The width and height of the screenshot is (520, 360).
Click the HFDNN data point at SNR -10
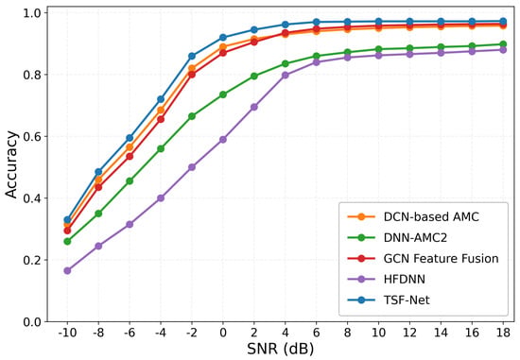click(x=67, y=270)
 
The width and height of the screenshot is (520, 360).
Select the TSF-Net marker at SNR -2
click(x=192, y=56)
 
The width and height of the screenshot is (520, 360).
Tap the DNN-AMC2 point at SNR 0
click(x=223, y=94)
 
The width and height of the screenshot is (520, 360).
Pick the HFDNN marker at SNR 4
click(x=286, y=76)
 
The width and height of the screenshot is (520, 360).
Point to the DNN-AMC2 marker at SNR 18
click(x=503, y=44)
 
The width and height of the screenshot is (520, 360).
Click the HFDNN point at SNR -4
click(x=161, y=197)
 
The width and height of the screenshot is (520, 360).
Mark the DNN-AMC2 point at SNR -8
click(x=98, y=214)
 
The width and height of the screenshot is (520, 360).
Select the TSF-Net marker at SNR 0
click(x=223, y=38)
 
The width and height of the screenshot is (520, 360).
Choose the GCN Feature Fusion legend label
click(x=442, y=259)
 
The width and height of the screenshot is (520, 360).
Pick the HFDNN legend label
click(x=405, y=279)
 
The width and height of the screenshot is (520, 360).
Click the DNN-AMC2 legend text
click(x=415, y=238)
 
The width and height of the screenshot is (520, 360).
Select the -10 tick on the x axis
click(x=67, y=333)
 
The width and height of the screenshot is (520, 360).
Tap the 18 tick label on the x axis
click(x=503, y=333)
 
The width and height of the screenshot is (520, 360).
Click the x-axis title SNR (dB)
click(x=280, y=349)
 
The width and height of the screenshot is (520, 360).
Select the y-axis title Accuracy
click(x=11, y=164)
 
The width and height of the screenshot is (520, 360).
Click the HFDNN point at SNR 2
click(x=254, y=107)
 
